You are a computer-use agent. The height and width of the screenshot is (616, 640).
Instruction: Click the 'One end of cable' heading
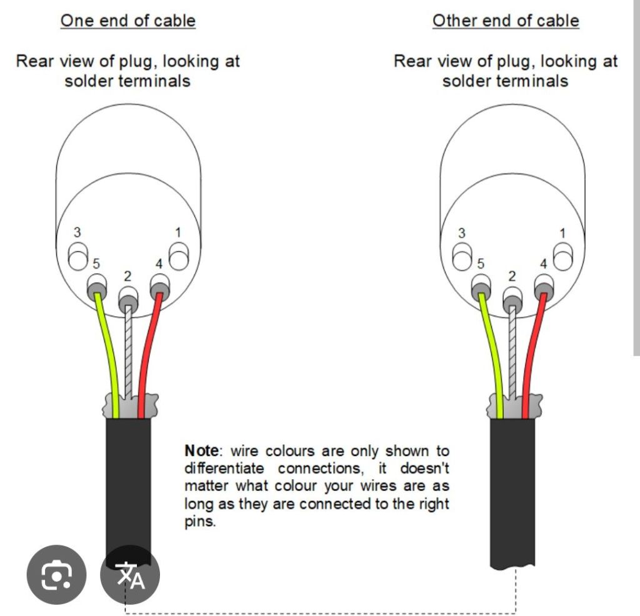coord(128,21)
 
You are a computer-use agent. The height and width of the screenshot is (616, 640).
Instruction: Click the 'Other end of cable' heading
coord(506,21)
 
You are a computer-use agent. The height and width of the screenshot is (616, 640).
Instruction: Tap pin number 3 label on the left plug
coord(77,232)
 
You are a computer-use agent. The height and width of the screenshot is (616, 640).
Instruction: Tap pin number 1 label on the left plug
coord(178,232)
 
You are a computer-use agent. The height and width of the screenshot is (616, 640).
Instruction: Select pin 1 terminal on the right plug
coord(563,256)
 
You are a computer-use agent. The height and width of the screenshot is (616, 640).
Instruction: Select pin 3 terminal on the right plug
coord(462,256)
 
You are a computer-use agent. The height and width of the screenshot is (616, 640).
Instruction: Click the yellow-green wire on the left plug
coord(108,355)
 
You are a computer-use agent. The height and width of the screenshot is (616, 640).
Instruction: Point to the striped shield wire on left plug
coord(128,351)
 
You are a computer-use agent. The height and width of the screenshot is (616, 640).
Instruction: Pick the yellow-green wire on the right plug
coord(492,355)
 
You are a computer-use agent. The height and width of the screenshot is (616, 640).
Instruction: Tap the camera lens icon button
coord(56,575)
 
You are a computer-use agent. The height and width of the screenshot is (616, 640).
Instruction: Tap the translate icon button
coord(130,575)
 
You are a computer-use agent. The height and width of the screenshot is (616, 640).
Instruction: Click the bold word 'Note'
coord(202,451)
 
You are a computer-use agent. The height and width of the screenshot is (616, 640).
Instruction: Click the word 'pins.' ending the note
coord(200,522)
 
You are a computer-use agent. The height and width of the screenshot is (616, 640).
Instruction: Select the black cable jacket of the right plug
coord(512,492)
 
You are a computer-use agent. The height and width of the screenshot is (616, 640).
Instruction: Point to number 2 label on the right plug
coord(512,277)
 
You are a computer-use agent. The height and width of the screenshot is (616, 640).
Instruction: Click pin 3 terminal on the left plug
coord(78,256)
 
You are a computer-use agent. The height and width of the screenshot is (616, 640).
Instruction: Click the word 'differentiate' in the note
coord(224,469)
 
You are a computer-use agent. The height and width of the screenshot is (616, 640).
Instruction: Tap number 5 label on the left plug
coord(96,264)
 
